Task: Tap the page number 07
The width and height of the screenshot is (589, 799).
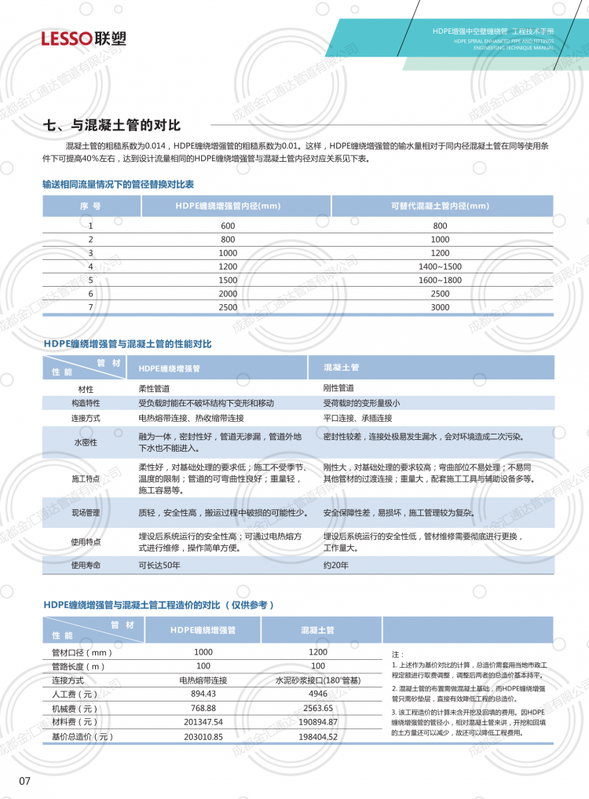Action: click(24, 780)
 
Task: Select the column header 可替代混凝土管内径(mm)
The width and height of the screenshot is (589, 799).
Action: click(440, 206)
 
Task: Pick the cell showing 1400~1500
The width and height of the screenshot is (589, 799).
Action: click(440, 266)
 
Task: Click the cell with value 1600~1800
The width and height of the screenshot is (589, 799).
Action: click(440, 280)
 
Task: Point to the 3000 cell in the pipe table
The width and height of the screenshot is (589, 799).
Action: click(440, 307)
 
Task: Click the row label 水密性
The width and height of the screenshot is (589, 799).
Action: click(86, 442)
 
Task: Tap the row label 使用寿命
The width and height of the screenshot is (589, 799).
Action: click(86, 564)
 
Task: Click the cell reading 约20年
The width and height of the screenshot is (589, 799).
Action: click(335, 564)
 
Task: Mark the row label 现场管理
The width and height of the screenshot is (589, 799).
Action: click(86, 512)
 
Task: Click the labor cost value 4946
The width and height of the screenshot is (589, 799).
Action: click(317, 695)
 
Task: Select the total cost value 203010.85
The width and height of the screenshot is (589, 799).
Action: click(203, 737)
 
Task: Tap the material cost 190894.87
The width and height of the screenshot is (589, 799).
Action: click(317, 723)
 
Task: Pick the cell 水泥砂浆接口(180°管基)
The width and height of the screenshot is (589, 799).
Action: click(317, 680)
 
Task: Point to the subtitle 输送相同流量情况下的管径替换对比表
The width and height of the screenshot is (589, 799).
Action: click(119, 183)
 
